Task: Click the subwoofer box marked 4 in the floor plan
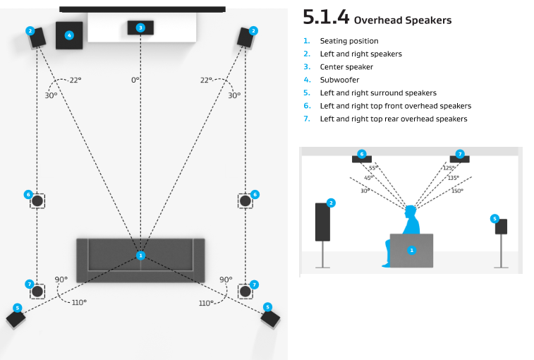coord(69,35)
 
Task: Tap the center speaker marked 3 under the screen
coord(140,28)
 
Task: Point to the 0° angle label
coord(135,80)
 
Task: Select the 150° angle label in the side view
coord(457,191)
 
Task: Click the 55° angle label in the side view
coord(373,168)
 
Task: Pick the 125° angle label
coord(448,168)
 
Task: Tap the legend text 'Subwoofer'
coord(339,80)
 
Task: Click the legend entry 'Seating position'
coord(348,41)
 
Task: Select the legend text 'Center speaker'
coord(346,67)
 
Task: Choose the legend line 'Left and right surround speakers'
coord(378,92)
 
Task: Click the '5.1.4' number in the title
coord(326,17)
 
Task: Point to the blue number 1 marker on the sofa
coord(140,255)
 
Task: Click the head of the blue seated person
coord(411,211)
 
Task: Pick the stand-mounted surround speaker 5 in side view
coord(501,227)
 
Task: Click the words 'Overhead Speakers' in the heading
coord(402,20)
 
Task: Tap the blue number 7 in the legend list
coord(306,119)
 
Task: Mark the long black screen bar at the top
coord(142,9)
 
